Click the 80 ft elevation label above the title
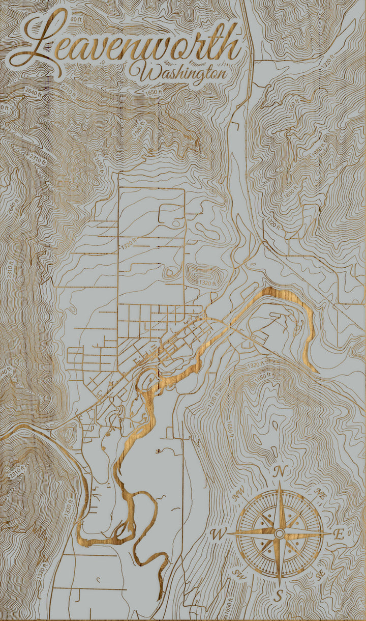[76, 19]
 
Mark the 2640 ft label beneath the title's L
[32, 92]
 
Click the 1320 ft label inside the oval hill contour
[208, 282]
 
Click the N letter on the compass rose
[279, 471]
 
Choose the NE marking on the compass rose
[320, 493]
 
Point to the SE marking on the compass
[320, 575]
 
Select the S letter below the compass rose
[279, 595]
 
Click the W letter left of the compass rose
[218, 534]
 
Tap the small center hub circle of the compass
[279, 533]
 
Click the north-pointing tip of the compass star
[279, 484]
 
